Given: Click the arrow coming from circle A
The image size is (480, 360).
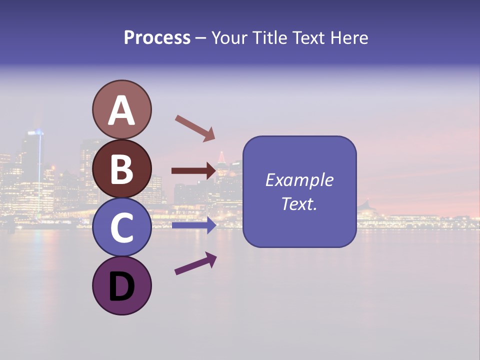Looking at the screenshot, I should [x=195, y=128].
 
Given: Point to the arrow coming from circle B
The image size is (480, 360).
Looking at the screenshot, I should [x=193, y=171].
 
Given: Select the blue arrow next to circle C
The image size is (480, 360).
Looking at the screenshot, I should [x=193, y=225].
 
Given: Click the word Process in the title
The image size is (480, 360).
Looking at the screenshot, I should [x=157, y=37].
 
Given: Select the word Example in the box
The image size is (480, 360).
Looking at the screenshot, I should [x=299, y=180].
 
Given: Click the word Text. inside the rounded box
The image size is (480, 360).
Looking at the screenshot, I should [x=299, y=203].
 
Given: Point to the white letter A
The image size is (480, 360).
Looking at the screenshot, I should [x=121, y=110].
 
